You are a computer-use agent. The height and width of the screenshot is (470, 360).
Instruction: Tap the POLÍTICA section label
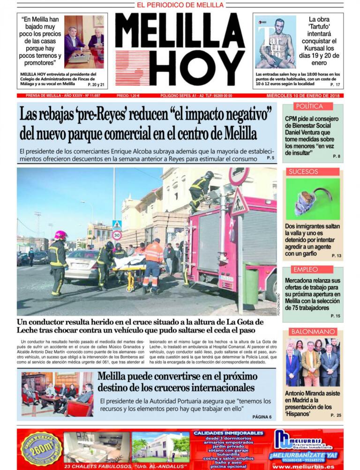click(x=309, y=106)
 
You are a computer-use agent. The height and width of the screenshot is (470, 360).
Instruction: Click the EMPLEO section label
click(x=305, y=269)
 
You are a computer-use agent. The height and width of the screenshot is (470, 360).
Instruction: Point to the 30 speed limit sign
click(x=117, y=235)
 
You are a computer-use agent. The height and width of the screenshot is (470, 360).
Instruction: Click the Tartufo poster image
click(x=276, y=42)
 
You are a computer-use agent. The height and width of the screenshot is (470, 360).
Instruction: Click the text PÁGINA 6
click(x=262, y=417)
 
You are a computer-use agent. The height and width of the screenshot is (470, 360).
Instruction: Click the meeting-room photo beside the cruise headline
click(x=57, y=394)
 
